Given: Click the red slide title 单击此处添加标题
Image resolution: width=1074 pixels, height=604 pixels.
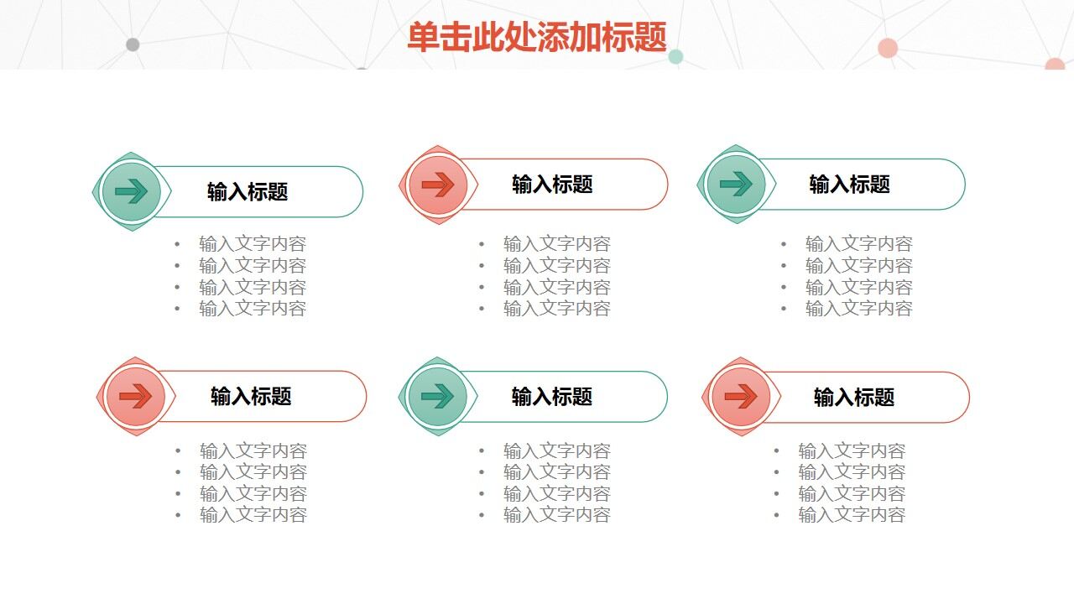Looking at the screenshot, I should [537, 38].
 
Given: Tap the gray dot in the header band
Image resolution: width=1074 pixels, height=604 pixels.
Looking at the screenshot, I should [133, 44].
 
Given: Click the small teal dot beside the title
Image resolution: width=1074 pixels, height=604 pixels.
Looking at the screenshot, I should [675, 57].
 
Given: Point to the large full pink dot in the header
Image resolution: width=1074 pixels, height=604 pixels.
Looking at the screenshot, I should [888, 48].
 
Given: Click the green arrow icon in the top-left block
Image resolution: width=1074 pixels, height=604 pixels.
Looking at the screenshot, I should [132, 192].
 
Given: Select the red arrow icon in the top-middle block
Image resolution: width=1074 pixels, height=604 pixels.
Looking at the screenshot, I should [438, 185].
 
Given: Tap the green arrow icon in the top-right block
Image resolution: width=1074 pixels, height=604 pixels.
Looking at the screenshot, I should [736, 185].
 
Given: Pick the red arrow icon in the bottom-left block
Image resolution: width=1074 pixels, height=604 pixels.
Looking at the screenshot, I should [136, 396].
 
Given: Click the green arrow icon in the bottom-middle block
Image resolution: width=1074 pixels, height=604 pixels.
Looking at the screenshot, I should [437, 396].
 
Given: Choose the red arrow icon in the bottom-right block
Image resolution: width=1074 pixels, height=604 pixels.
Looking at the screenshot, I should [741, 396].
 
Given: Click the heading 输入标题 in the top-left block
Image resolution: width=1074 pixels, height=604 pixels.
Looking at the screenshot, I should [248, 192].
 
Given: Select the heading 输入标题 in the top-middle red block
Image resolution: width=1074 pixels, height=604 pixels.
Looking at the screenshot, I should [552, 185].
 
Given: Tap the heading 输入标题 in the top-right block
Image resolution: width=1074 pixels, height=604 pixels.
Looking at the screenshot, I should [849, 185].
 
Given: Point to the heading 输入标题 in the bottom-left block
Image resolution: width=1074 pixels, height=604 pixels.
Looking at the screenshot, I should [251, 396].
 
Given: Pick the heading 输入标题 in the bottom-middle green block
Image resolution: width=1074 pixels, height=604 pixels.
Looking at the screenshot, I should [552, 396].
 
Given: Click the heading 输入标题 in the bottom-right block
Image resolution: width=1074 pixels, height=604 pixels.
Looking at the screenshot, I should [854, 397].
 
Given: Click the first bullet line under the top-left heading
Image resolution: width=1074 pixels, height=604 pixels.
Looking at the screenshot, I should [253, 244].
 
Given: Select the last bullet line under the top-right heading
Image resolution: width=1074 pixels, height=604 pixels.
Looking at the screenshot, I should [859, 308].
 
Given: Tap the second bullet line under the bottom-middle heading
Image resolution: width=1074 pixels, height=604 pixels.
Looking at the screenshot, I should [557, 472].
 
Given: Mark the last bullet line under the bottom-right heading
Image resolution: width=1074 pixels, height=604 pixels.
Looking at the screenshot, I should [852, 515].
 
